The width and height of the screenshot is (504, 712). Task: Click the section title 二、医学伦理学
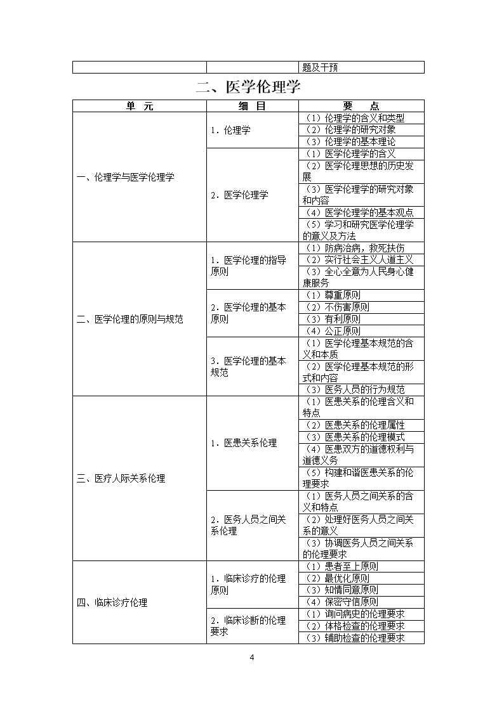pos(248,87)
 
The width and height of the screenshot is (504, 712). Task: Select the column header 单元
pos(139,107)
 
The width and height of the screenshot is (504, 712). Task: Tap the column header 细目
pos(252,107)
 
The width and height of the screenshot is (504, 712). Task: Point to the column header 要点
pos(361,107)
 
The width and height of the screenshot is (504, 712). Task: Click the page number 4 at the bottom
pos(252,657)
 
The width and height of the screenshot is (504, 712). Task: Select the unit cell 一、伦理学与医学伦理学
pos(125,178)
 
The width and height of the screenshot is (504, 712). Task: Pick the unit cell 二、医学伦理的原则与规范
pos(129,319)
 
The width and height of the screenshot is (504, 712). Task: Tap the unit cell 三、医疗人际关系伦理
pos(121,479)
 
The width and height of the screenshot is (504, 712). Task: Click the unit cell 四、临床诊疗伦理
pos(112,602)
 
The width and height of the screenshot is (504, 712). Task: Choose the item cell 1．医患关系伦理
pos(244,443)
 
